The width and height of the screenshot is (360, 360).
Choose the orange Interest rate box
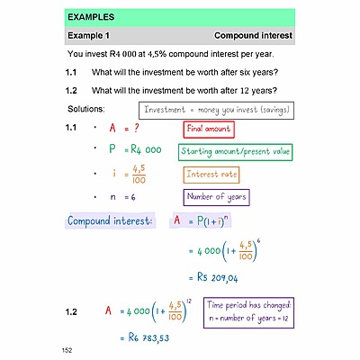coord(213,174)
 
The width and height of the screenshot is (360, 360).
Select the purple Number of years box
coord(216,196)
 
